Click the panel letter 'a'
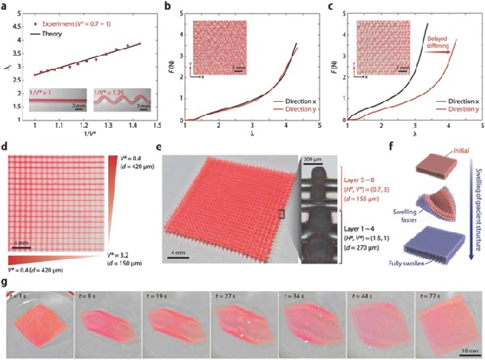click(6, 5)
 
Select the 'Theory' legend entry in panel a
click(57, 23)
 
